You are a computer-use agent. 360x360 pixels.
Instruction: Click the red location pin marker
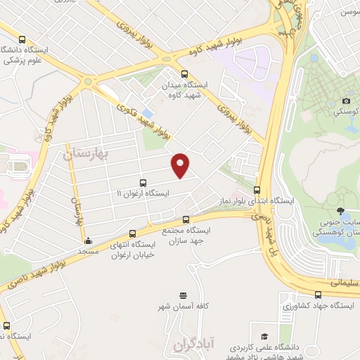tap(181, 165)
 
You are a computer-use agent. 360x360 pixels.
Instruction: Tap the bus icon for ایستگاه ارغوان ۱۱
tap(143, 183)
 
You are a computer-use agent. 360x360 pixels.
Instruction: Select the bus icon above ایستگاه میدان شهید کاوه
tap(184, 74)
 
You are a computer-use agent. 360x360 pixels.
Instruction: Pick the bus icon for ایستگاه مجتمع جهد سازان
tap(186, 219)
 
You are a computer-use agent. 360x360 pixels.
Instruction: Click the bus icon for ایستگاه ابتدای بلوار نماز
tap(257, 189)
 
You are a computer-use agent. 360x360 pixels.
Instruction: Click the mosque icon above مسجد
tap(87, 241)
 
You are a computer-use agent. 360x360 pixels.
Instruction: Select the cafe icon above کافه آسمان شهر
tap(183, 295)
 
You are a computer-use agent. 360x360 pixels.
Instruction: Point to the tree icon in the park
tap(340, 211)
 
